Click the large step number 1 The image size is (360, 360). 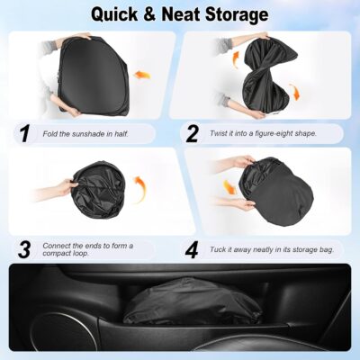click(x=22, y=134)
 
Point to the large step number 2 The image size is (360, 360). click(x=193, y=134)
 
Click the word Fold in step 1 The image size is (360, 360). click(x=49, y=135)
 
